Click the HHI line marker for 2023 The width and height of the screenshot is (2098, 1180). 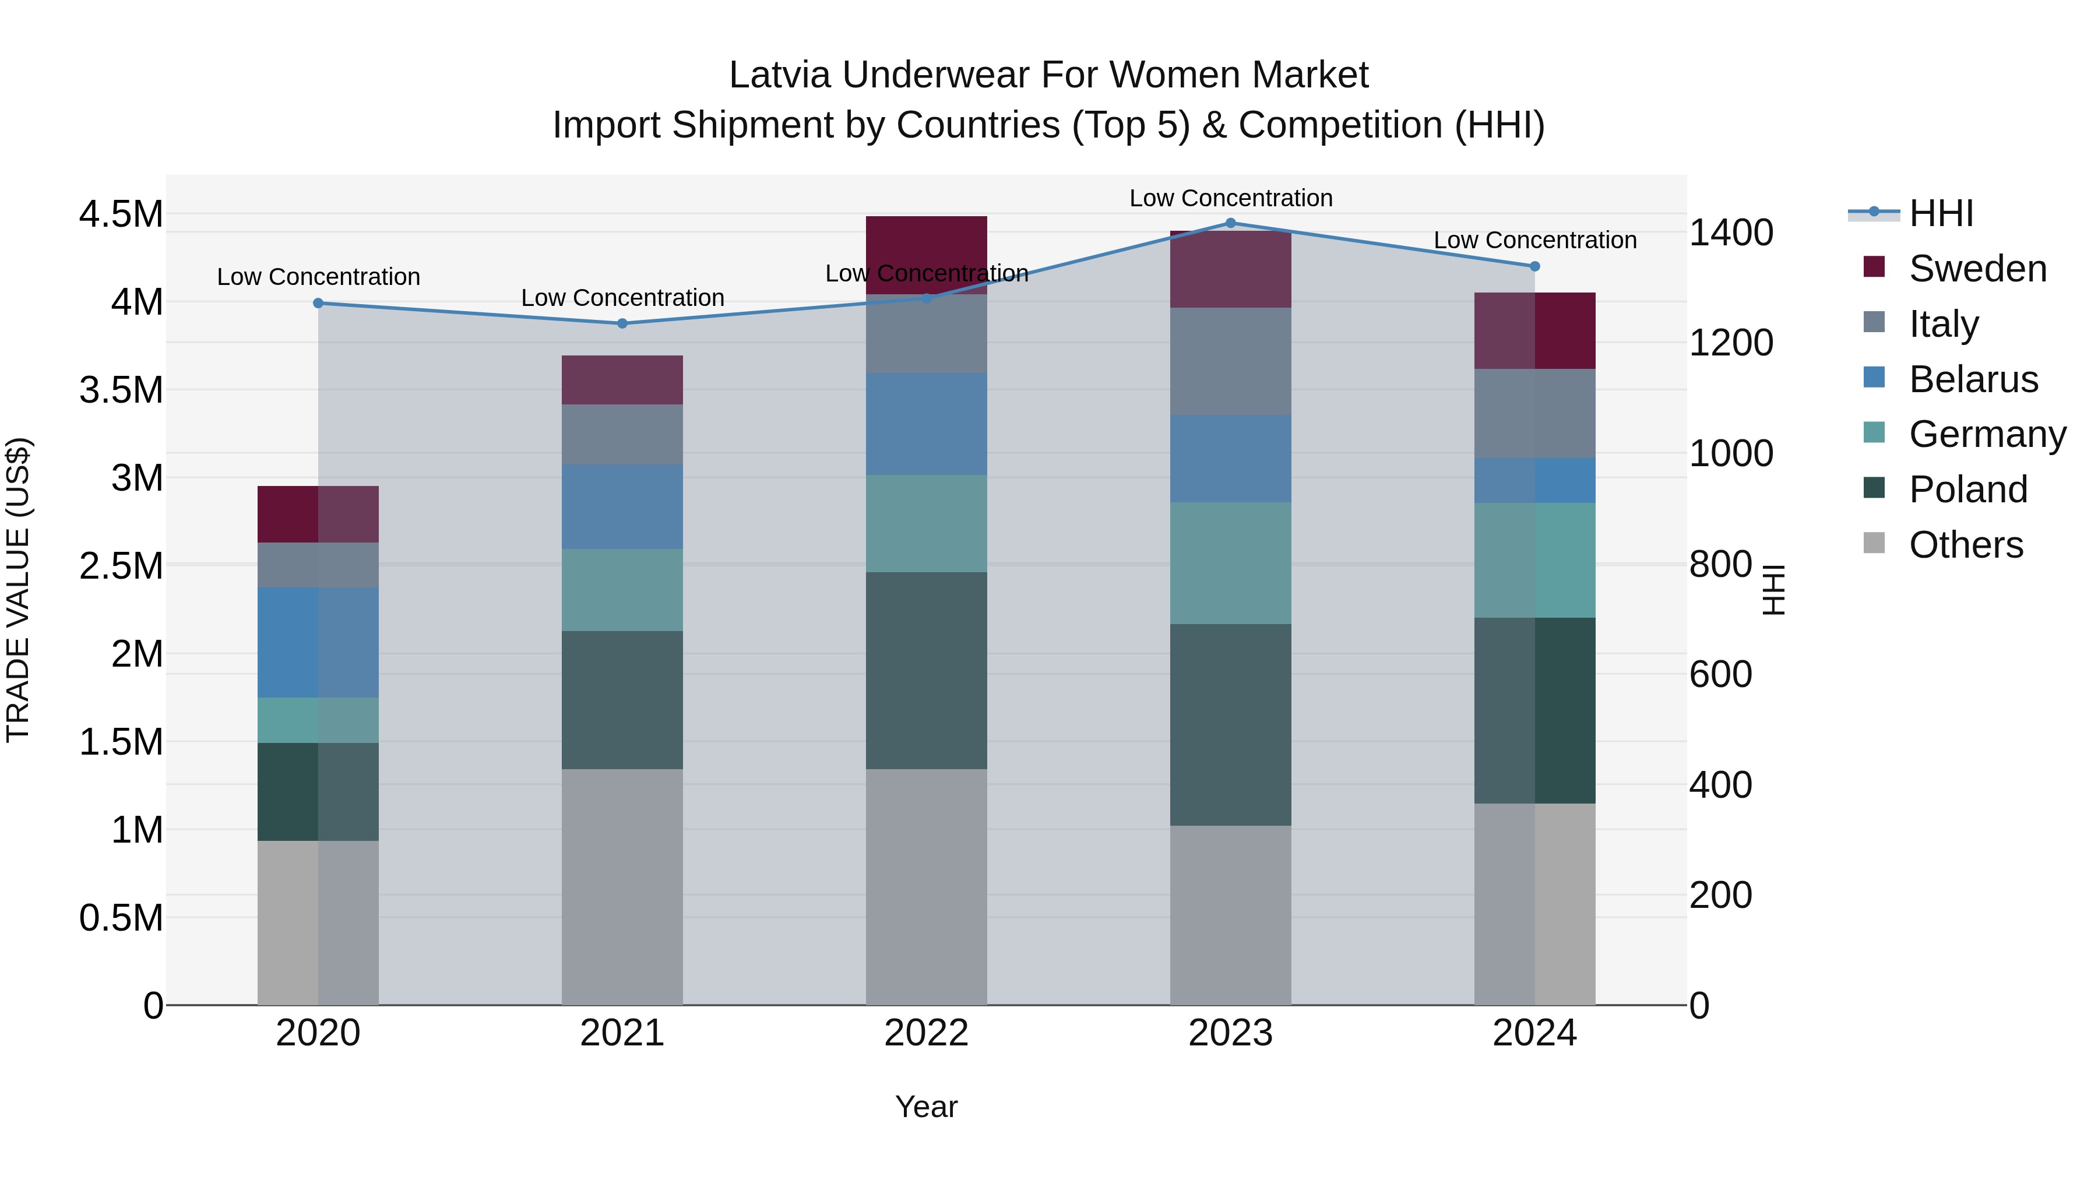[x=1231, y=223]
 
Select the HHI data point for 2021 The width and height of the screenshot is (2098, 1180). [x=622, y=323]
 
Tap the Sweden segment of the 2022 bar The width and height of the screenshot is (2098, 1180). [x=926, y=244]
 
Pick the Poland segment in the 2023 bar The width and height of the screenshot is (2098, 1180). [x=1231, y=725]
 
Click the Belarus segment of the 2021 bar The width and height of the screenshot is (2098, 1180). [x=622, y=506]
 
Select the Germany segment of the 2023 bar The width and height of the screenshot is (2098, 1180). [x=1231, y=563]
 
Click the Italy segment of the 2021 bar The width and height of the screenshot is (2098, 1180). [x=622, y=434]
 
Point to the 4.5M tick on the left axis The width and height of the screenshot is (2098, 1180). [x=121, y=214]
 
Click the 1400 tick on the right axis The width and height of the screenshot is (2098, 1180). [x=1731, y=233]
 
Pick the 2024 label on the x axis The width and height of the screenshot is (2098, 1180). [x=1534, y=1033]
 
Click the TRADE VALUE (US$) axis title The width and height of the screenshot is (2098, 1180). [x=18, y=590]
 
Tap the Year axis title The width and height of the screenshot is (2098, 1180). [x=926, y=1107]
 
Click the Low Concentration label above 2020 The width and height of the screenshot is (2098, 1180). [x=318, y=277]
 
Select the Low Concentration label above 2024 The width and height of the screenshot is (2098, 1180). [x=1534, y=240]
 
